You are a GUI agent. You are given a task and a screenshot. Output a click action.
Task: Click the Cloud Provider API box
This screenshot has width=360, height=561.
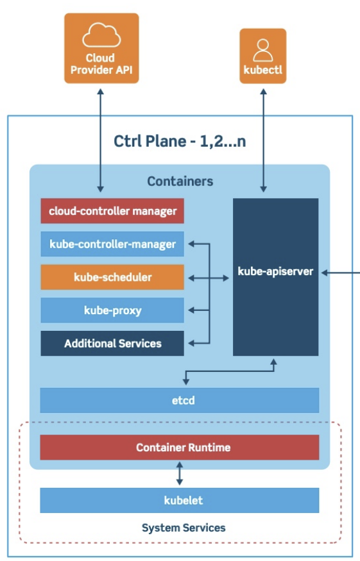[x=101, y=48]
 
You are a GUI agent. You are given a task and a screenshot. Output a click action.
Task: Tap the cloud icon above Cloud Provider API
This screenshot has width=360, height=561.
[x=101, y=35]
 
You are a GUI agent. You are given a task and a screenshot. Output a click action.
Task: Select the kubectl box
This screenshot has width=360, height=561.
[x=263, y=56]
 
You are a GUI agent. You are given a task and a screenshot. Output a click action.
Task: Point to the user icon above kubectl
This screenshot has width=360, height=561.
[x=263, y=51]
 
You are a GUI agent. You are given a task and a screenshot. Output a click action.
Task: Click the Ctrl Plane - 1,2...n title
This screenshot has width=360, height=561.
[x=180, y=141]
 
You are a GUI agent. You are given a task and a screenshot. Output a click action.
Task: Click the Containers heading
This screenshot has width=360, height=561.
[x=180, y=181]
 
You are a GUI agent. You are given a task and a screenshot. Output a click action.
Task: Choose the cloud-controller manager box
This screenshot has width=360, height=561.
[x=112, y=211]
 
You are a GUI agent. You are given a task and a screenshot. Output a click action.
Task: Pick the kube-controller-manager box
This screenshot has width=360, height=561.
[x=112, y=244]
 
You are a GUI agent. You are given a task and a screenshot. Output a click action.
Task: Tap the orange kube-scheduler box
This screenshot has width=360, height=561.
[x=112, y=277]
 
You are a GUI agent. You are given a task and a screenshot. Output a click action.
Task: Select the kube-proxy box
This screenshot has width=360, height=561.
[x=112, y=310]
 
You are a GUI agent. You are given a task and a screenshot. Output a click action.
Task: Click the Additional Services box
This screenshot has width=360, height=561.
[x=112, y=344]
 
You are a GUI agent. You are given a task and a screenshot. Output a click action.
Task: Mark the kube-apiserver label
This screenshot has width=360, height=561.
[x=275, y=272]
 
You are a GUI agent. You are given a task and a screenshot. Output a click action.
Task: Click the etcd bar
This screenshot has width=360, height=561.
[x=180, y=400]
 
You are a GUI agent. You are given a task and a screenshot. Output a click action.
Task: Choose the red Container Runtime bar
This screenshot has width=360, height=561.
[x=180, y=448]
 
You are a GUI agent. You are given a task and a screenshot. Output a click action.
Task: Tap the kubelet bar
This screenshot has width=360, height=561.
[x=180, y=500]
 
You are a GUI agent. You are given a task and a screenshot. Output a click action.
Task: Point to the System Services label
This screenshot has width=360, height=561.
[x=184, y=528]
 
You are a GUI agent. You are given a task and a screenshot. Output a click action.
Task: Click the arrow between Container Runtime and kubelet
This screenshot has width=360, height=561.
[x=180, y=473]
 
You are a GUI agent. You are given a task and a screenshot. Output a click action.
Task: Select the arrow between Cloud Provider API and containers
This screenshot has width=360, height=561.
[x=101, y=140]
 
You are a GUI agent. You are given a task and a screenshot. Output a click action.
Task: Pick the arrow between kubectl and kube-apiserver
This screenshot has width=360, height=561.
[x=263, y=140]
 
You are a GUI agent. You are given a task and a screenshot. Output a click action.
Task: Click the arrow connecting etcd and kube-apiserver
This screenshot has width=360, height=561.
[x=229, y=371]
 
